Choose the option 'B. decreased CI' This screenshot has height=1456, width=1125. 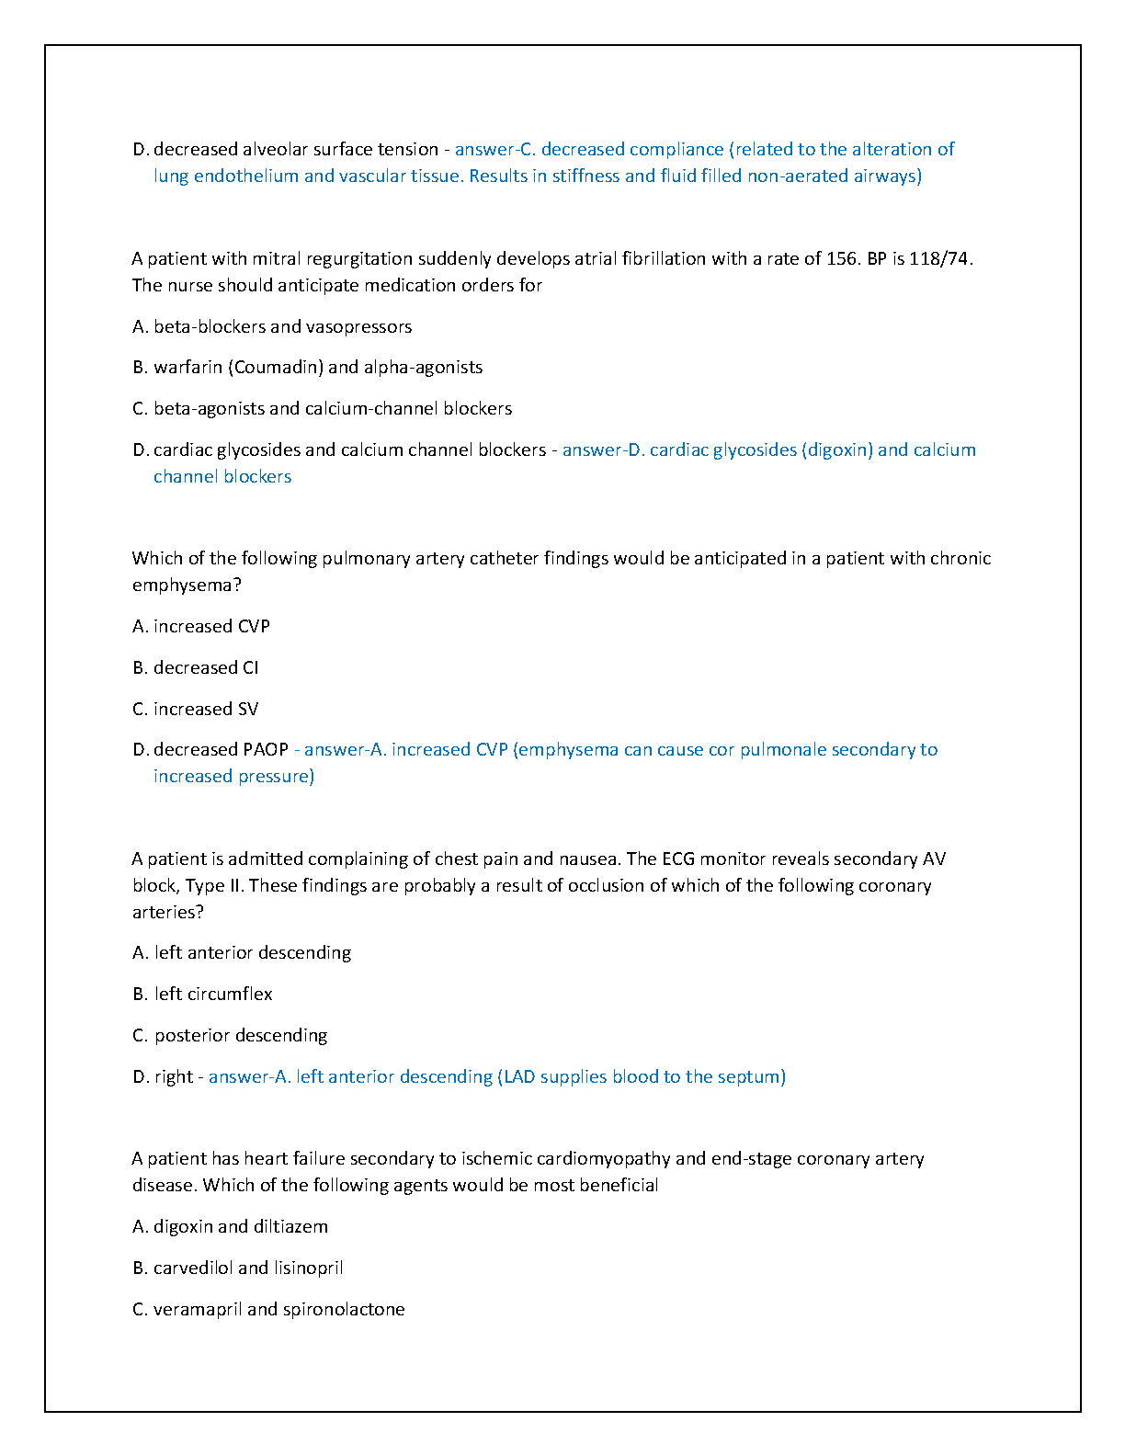(x=196, y=667)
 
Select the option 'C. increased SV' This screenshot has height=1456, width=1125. (x=196, y=709)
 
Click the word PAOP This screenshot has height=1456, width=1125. (x=267, y=749)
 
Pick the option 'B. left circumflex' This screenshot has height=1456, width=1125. (x=202, y=994)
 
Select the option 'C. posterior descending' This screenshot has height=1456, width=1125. (x=230, y=1035)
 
